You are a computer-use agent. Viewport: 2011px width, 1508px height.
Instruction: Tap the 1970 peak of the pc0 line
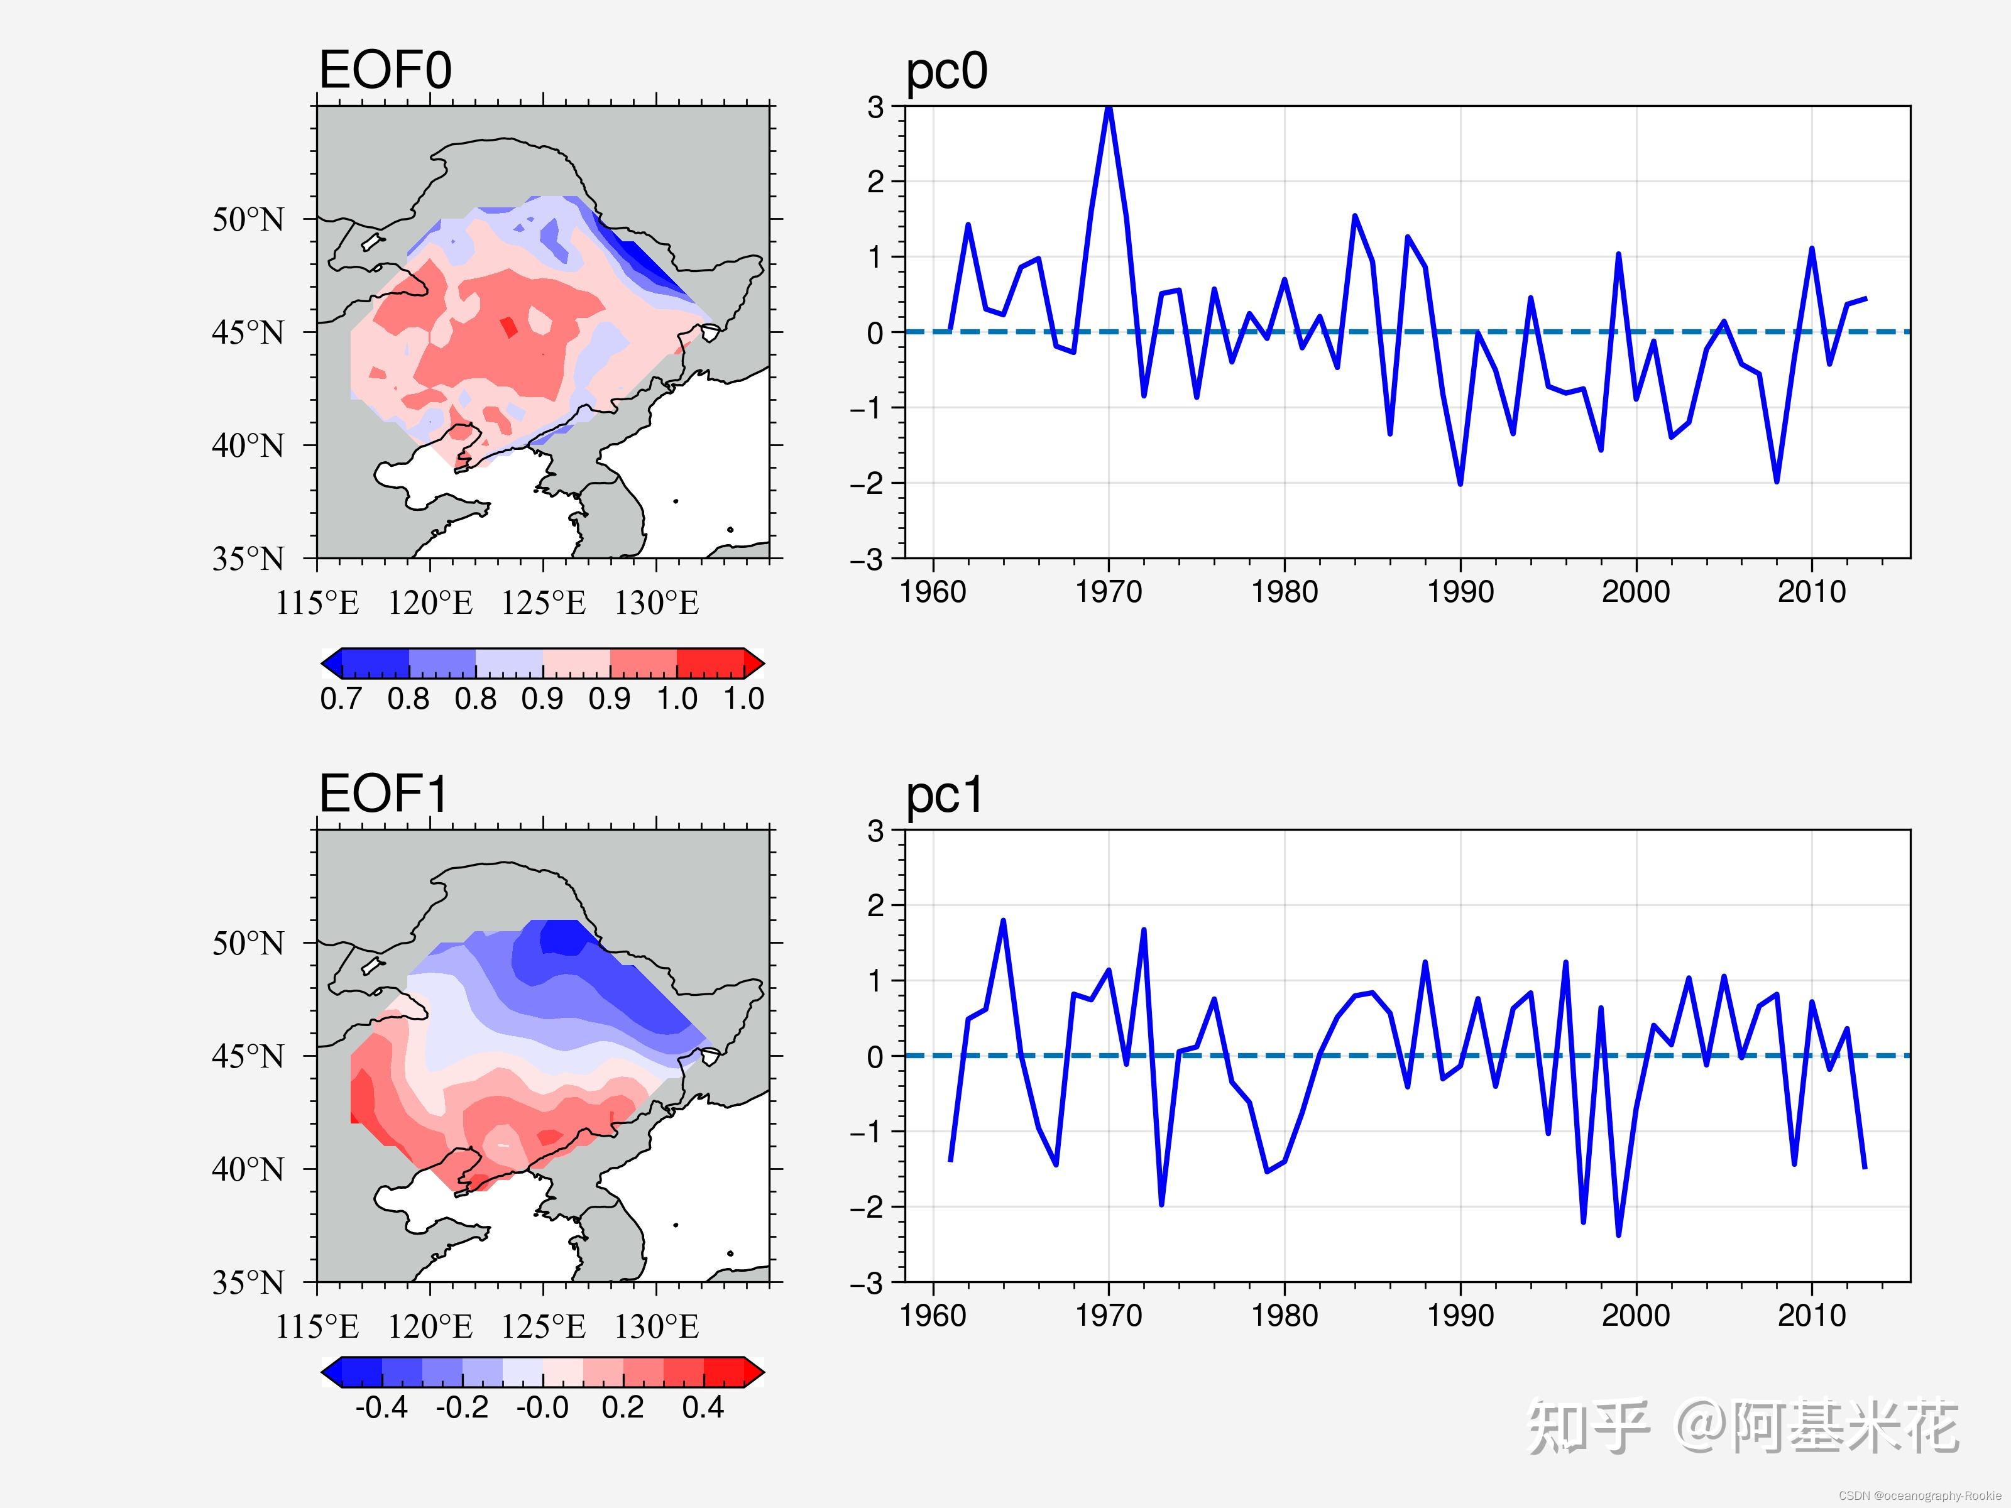tap(1108, 108)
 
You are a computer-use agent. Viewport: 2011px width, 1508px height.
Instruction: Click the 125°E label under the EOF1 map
tap(543, 1327)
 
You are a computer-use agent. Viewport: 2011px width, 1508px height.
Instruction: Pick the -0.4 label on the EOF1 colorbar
tap(382, 1407)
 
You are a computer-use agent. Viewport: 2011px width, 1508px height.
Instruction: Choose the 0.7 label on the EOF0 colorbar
tap(340, 699)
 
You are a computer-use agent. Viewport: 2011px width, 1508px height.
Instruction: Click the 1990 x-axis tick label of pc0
tap(1460, 592)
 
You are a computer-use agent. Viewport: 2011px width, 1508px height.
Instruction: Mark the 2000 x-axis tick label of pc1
tap(1636, 1315)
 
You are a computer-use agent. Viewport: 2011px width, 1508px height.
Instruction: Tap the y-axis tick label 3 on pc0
tap(875, 107)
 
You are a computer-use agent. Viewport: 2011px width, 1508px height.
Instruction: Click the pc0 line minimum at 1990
tap(1460, 484)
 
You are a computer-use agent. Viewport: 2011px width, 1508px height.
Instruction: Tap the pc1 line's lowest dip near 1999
tap(1618, 1235)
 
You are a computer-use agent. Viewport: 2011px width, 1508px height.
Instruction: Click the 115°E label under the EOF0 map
tap(317, 603)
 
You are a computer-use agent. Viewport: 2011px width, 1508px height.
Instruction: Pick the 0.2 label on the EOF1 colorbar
tap(623, 1407)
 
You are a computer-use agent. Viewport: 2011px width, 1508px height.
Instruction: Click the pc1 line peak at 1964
tap(1003, 921)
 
